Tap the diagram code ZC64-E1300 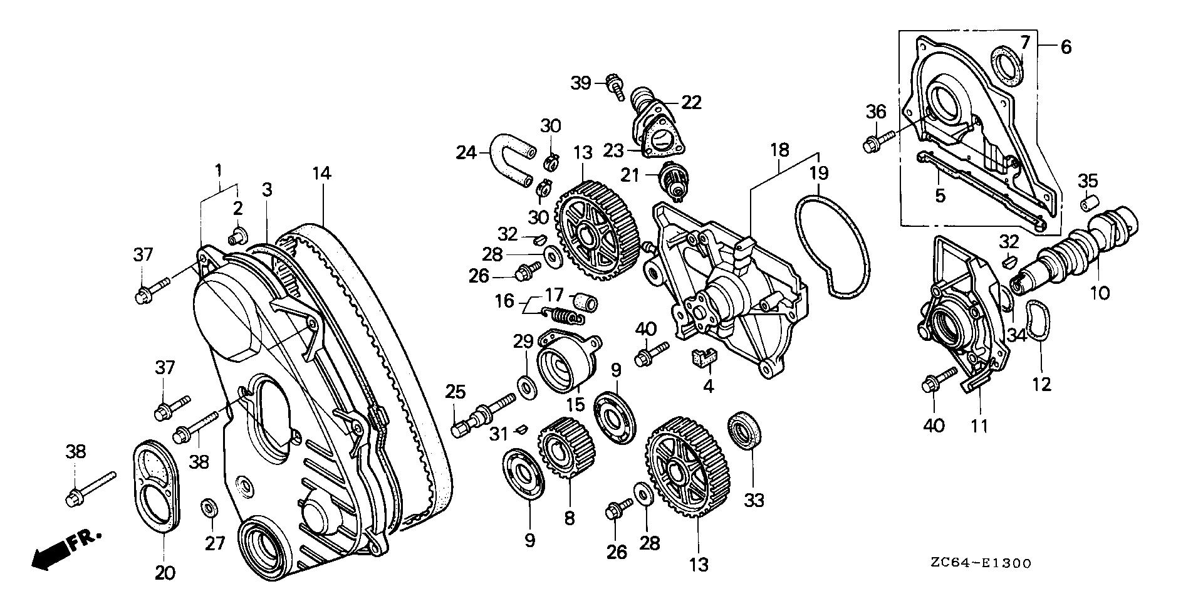(x=980, y=563)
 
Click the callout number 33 (x=754, y=500)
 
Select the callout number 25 (x=456, y=392)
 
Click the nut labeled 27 (x=209, y=506)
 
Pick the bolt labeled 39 (x=614, y=87)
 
